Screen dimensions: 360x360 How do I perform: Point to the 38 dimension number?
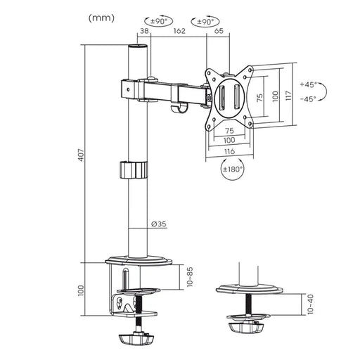tap(143, 32)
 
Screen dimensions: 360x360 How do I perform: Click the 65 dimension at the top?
tap(219, 32)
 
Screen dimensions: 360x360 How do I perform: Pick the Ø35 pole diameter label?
tap(158, 225)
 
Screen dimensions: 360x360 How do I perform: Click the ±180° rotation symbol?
tap(233, 169)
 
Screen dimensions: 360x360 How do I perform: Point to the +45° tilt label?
tap(309, 84)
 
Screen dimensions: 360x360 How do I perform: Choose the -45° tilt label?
tap(309, 99)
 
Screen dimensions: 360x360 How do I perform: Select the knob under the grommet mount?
tap(246, 328)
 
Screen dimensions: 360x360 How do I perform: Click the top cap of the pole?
tap(139, 46)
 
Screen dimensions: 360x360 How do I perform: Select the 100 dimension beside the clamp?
tap(80, 290)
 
